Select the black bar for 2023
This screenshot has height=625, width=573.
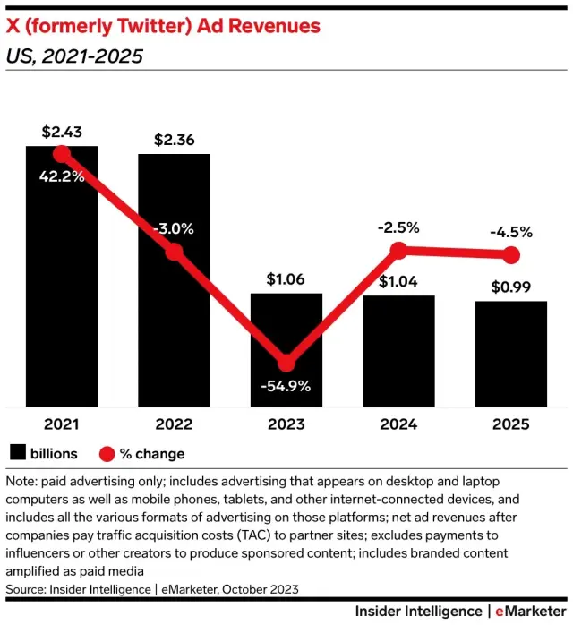[286, 349]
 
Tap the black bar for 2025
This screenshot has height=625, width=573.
[511, 354]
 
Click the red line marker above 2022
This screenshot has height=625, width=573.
[174, 252]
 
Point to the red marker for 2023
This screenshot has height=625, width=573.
[286, 363]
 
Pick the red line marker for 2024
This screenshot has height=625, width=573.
[398, 252]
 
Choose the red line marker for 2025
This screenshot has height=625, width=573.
[511, 255]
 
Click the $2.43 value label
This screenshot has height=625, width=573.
[62, 132]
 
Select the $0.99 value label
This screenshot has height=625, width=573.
[511, 287]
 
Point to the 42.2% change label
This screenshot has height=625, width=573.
[62, 176]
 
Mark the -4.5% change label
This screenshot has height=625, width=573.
[511, 232]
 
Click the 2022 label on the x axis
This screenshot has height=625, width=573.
[174, 424]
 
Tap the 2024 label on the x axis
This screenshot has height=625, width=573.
[398, 424]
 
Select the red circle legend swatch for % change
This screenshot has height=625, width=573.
[108, 453]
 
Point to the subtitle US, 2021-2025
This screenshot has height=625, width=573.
[74, 57]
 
